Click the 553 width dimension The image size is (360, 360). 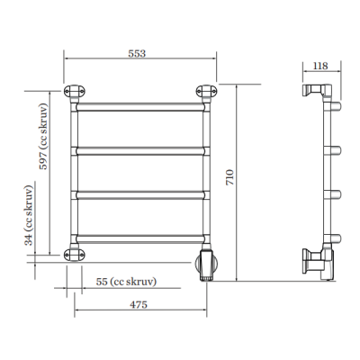click(x=137, y=53)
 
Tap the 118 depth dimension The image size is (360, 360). click(x=320, y=66)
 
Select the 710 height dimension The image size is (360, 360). click(x=229, y=177)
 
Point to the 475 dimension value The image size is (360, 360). click(x=139, y=304)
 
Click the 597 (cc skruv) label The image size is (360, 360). click(x=44, y=136)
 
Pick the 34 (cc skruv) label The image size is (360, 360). click(x=29, y=215)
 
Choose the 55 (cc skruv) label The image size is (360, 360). click(x=126, y=282)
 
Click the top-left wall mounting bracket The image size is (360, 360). click(x=75, y=91)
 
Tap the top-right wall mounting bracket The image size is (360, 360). click(x=206, y=91)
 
